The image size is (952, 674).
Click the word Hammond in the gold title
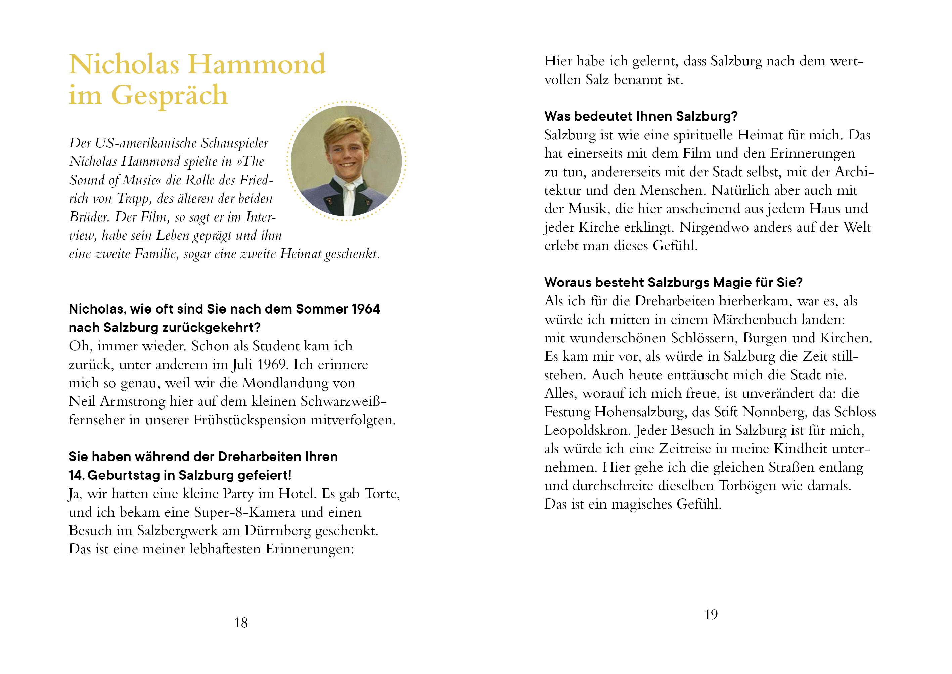coord(257,64)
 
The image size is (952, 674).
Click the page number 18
coord(241,623)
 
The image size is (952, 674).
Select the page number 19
coord(711,615)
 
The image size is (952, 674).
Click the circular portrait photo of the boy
coord(346,161)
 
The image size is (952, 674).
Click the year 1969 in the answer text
coord(272,365)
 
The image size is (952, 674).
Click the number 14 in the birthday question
coord(76,475)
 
